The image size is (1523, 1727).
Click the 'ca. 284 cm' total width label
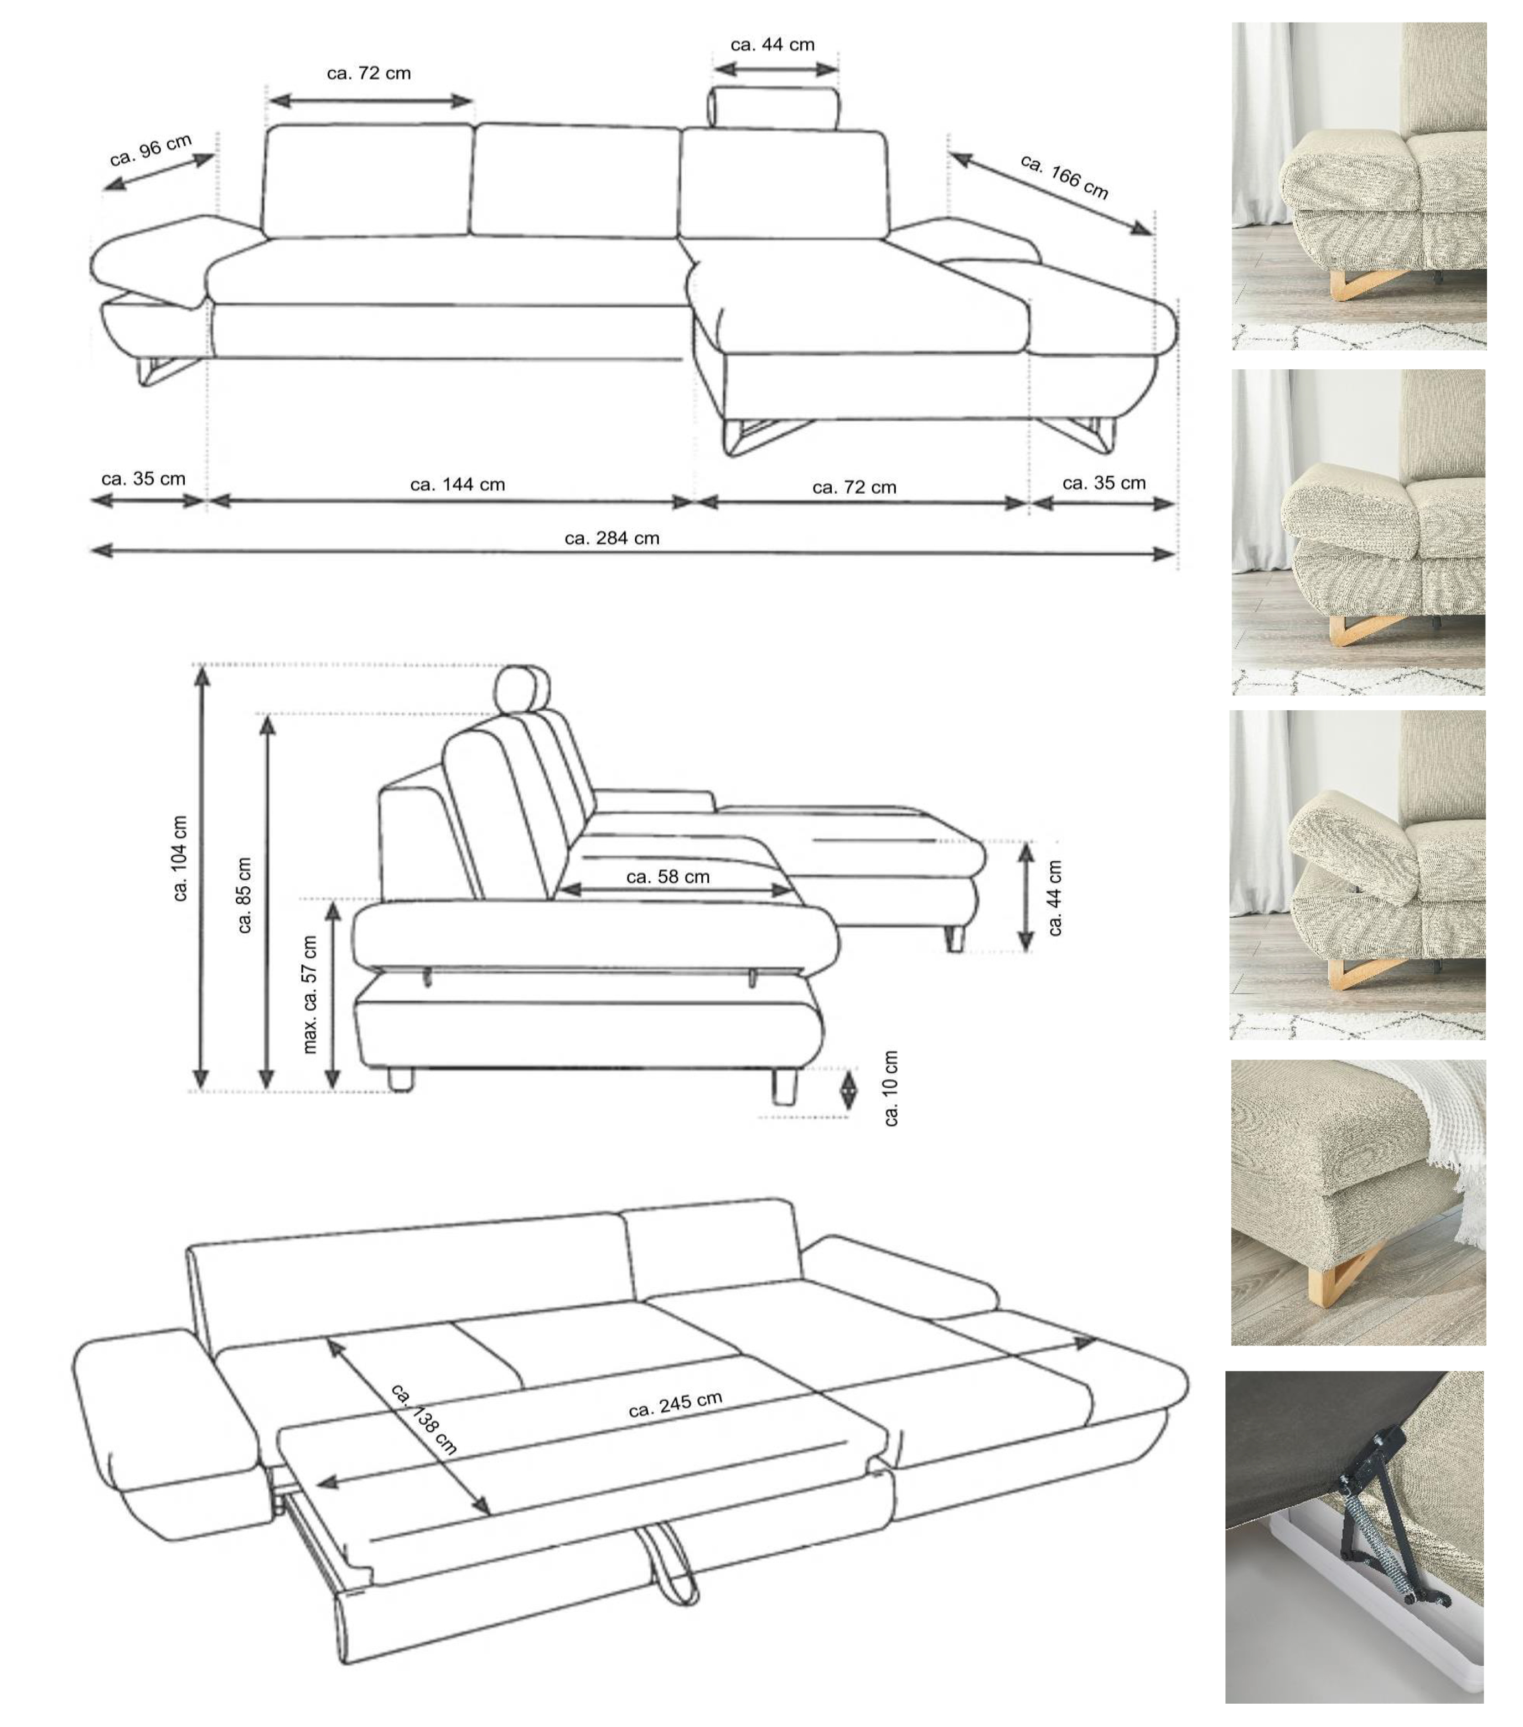pyautogui.click(x=612, y=538)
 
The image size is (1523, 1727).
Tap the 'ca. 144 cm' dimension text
pyautogui.click(x=457, y=485)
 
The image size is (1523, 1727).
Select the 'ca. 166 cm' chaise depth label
pyautogui.click(x=1064, y=177)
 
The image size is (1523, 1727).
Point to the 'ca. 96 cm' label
pyautogui.click(x=151, y=151)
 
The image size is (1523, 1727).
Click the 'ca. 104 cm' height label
pyautogui.click(x=180, y=859)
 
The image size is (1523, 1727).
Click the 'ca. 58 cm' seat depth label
pyautogui.click(x=667, y=877)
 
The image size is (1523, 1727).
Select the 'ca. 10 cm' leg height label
pyautogui.click(x=891, y=1088)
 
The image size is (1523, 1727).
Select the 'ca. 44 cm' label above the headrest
pyautogui.click(x=772, y=45)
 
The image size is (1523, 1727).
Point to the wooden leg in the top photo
pyautogui.click(x=1360, y=283)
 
